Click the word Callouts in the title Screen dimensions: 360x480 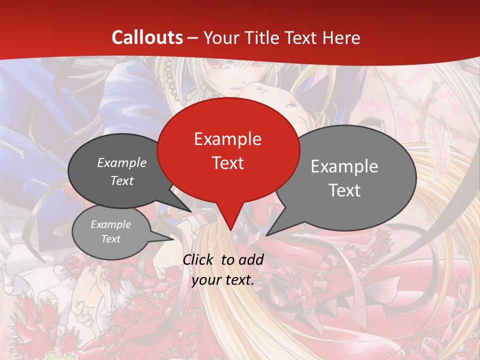[147, 37]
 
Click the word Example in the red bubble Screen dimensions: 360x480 [227, 139]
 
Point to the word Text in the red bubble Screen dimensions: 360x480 [227, 163]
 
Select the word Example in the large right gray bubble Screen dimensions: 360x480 [344, 166]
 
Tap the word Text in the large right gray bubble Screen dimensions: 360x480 [344, 190]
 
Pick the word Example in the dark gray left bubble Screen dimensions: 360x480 [122, 162]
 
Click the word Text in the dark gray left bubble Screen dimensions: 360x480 [122, 180]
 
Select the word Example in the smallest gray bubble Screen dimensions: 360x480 [111, 224]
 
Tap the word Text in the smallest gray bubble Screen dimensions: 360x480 [111, 239]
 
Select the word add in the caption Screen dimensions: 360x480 [250, 259]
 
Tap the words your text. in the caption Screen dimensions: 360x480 [223, 280]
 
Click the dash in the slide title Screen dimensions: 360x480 [193, 38]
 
